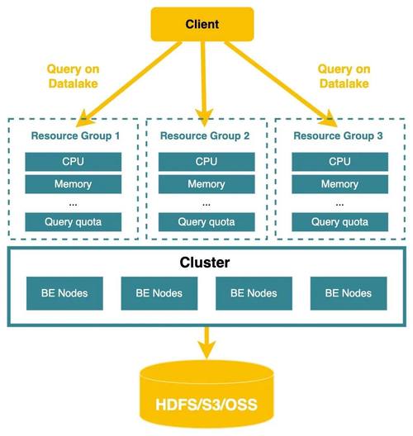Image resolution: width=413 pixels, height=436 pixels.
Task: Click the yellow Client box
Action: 202,24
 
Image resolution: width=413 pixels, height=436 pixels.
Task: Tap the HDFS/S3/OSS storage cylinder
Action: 206,395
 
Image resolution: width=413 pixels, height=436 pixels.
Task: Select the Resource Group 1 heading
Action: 75,135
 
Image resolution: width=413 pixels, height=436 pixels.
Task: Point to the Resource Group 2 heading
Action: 205,135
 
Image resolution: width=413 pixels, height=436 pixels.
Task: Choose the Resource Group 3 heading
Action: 338,135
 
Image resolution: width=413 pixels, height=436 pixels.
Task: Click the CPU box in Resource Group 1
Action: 74,162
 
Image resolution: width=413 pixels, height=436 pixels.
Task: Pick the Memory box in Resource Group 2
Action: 206,184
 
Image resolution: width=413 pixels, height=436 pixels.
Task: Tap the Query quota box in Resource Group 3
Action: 339,222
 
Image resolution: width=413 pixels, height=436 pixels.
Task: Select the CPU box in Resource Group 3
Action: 339,162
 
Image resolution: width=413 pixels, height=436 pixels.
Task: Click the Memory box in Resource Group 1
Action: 74,184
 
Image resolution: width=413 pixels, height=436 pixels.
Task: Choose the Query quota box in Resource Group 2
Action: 206,222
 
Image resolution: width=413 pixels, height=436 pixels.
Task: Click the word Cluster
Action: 205,263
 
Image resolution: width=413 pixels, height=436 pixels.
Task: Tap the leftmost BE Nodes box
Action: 64,293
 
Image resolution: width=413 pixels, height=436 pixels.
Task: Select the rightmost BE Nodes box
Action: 349,293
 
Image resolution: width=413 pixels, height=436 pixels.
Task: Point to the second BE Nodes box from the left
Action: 159,293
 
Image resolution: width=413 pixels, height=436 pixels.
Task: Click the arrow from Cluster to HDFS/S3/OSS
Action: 206,343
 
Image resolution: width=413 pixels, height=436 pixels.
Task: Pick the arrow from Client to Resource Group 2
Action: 204,83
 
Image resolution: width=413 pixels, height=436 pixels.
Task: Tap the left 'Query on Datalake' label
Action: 74,76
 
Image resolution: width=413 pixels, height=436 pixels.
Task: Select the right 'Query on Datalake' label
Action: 344,76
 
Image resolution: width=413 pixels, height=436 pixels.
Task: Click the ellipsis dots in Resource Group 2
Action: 206,205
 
